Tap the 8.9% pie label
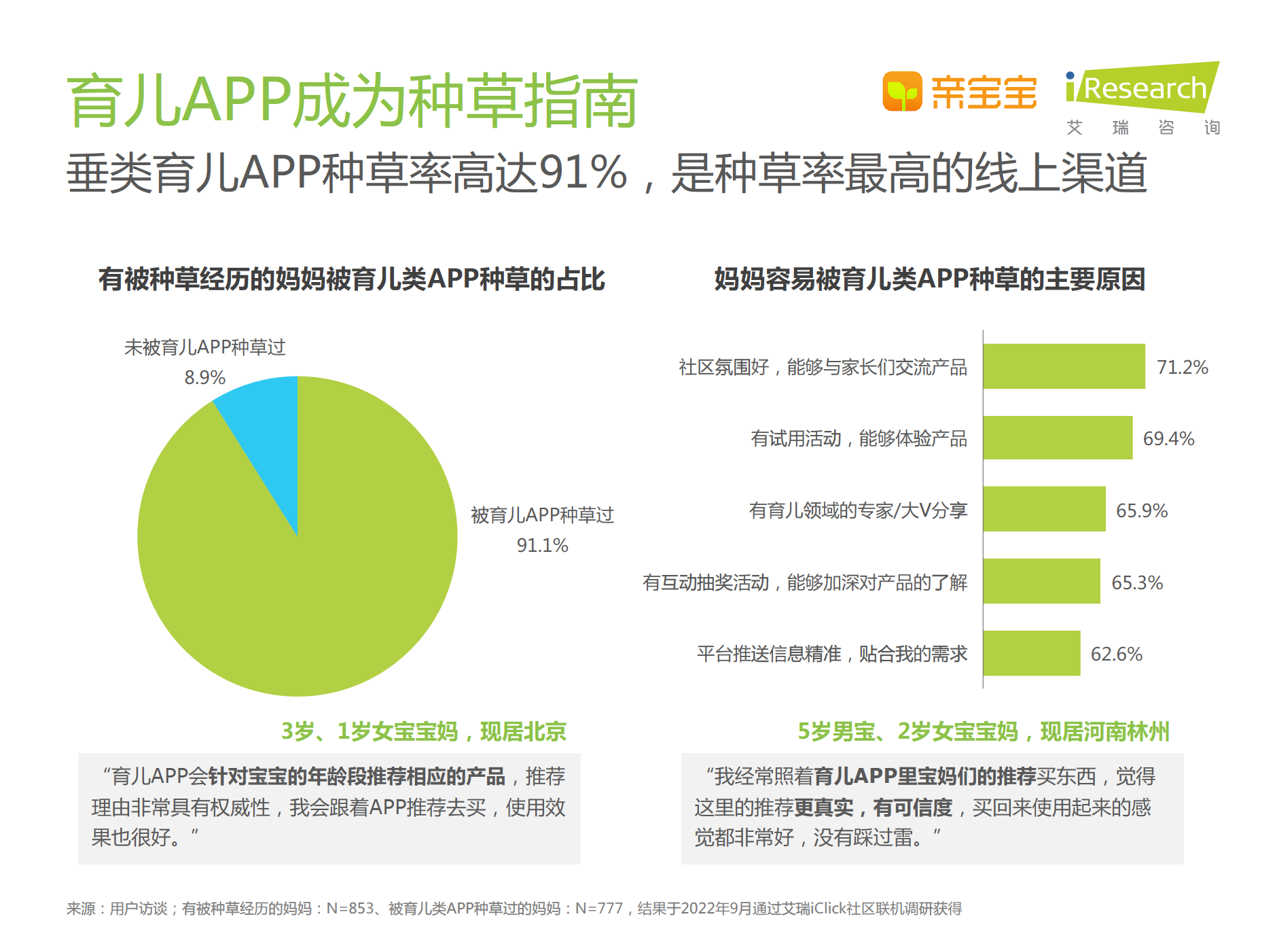[x=204, y=377]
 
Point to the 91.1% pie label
[x=542, y=545]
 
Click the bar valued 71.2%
[x=1064, y=366]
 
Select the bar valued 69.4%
[x=1058, y=438]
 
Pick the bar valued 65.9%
[x=1044, y=509]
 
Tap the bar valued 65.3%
[x=1041, y=581]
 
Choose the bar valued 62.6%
[x=1031, y=653]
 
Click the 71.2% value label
[x=1182, y=368]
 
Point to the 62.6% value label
[x=1116, y=654]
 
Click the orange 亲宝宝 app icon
[x=902, y=91]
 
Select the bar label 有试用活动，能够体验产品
[x=859, y=439]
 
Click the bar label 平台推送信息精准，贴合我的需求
[x=832, y=654]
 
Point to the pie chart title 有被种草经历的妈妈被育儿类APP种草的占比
[x=351, y=279]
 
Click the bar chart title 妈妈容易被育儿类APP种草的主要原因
[x=929, y=279]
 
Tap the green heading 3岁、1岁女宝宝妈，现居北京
[x=424, y=732]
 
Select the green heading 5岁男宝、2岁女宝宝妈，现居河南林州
[x=983, y=732]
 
